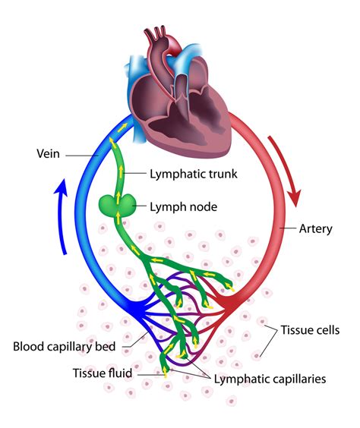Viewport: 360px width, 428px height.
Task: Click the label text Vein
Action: (49, 154)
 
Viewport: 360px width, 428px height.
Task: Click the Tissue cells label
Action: (310, 330)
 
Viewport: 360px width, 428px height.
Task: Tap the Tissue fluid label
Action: (103, 373)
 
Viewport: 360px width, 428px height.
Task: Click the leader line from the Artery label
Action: (289, 228)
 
